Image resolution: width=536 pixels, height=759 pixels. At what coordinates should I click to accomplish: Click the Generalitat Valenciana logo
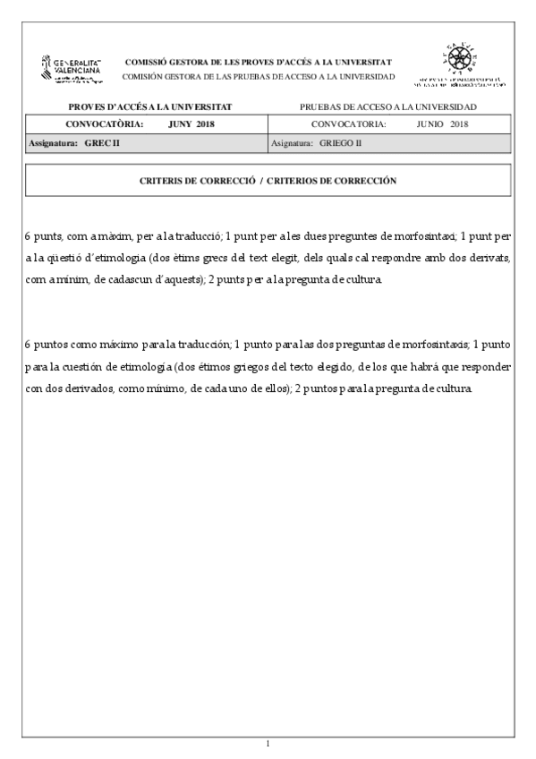tap(72, 70)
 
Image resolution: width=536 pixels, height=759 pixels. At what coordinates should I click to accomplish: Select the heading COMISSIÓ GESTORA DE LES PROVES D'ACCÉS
tap(258, 62)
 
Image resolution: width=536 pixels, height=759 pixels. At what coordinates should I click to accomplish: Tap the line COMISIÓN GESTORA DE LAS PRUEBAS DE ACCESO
tap(258, 76)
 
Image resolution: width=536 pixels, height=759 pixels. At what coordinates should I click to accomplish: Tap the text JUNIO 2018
tap(442, 124)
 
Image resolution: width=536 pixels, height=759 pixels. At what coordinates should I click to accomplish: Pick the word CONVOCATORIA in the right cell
tap(348, 124)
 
